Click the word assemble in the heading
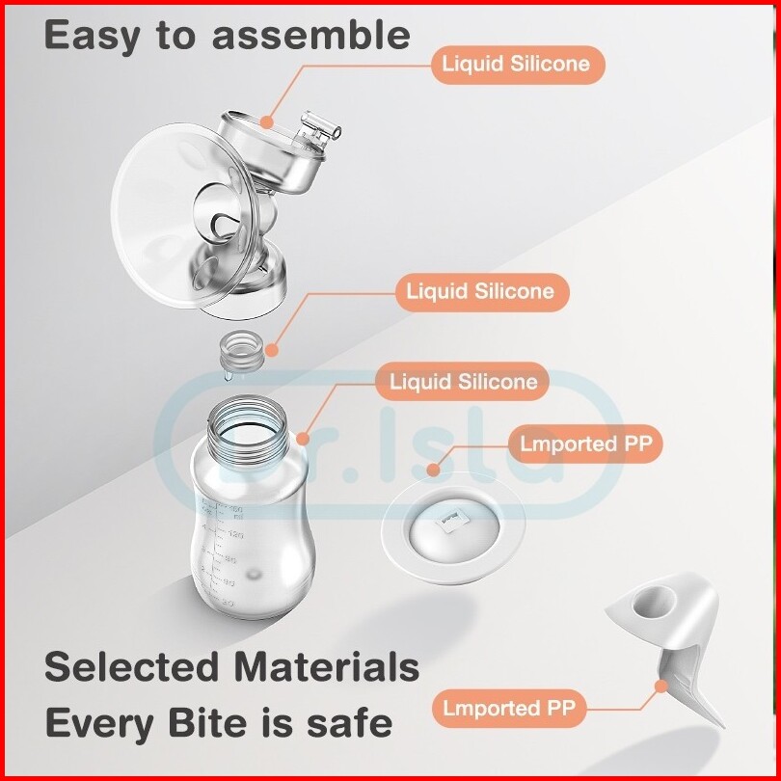tap(311, 35)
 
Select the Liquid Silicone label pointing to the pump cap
tap(518, 65)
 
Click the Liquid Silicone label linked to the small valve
tap(482, 292)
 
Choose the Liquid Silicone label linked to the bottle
tap(462, 382)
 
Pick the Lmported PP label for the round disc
tap(585, 444)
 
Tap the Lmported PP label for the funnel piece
tap(508, 709)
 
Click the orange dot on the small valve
tap(272, 351)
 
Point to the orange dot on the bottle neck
tap(303, 440)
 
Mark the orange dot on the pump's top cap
tap(267, 121)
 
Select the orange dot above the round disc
tap(434, 470)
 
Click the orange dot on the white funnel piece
tap(661, 687)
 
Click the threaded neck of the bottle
tap(247, 431)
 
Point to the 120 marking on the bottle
tap(235, 535)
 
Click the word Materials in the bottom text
tap(327, 667)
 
